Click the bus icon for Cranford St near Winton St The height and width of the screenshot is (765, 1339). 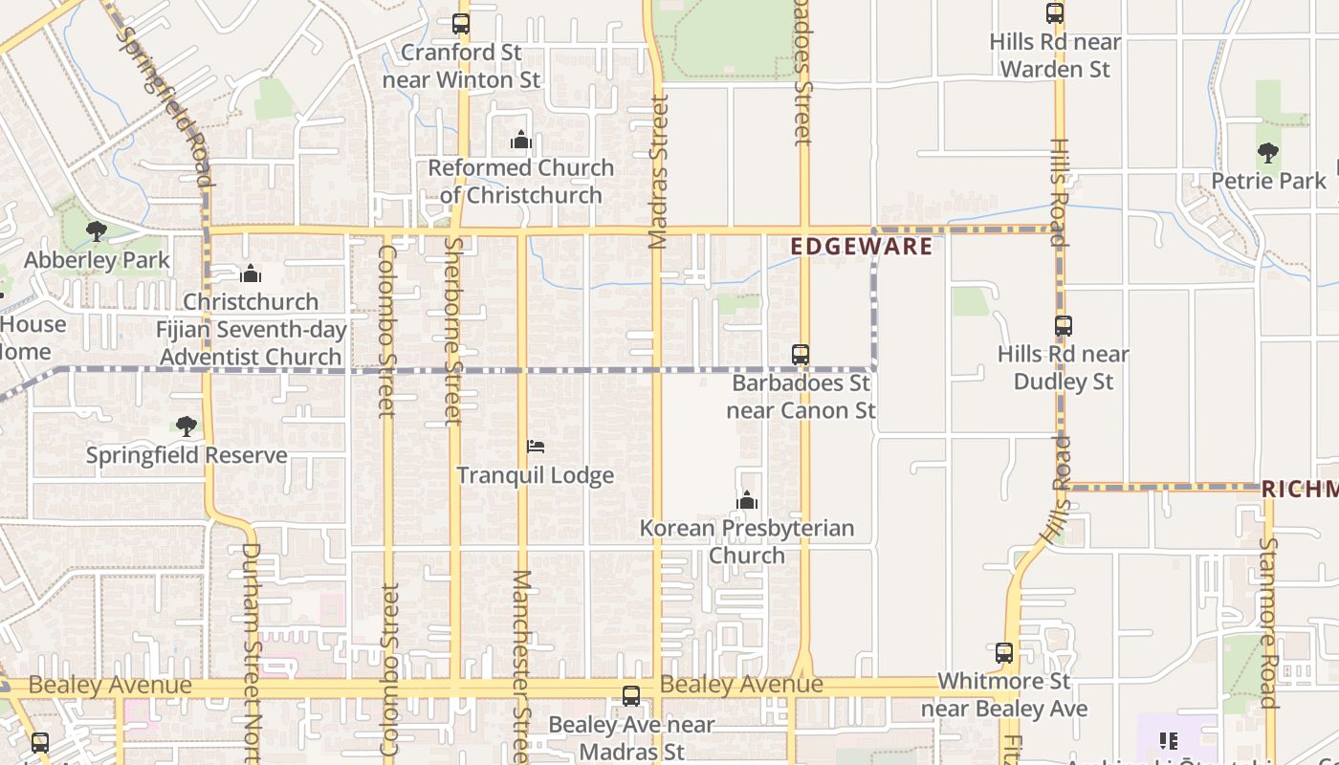pyautogui.click(x=461, y=24)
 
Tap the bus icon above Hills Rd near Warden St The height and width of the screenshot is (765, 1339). pyautogui.click(x=1055, y=13)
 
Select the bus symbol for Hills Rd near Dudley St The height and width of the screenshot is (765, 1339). pyautogui.click(x=1064, y=326)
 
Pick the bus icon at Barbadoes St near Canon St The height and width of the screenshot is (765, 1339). pyautogui.click(x=801, y=355)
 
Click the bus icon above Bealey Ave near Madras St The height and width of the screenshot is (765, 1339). pyautogui.click(x=631, y=696)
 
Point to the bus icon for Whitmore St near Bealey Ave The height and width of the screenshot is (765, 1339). pyautogui.click(x=1004, y=654)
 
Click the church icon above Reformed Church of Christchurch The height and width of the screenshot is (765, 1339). pyautogui.click(x=521, y=141)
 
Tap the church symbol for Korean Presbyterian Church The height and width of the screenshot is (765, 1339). pyautogui.click(x=747, y=500)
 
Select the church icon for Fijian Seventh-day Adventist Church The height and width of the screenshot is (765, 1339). pyautogui.click(x=251, y=274)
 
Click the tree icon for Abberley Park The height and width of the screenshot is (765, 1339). pyautogui.click(x=96, y=231)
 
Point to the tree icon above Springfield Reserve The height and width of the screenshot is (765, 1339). pyautogui.click(x=187, y=426)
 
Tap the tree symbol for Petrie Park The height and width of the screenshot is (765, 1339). pyautogui.click(x=1268, y=153)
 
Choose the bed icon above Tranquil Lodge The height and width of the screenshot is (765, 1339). pyautogui.click(x=536, y=447)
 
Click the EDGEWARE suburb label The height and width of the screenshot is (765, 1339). pyautogui.click(x=862, y=247)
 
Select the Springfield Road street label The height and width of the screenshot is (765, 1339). pyautogui.click(x=163, y=106)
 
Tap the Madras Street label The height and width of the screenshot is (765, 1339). pyautogui.click(x=658, y=171)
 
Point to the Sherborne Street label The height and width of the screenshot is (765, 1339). pyautogui.click(x=453, y=331)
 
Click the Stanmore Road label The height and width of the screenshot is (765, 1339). pyautogui.click(x=1268, y=622)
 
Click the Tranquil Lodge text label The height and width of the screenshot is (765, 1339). pyautogui.click(x=536, y=475)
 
